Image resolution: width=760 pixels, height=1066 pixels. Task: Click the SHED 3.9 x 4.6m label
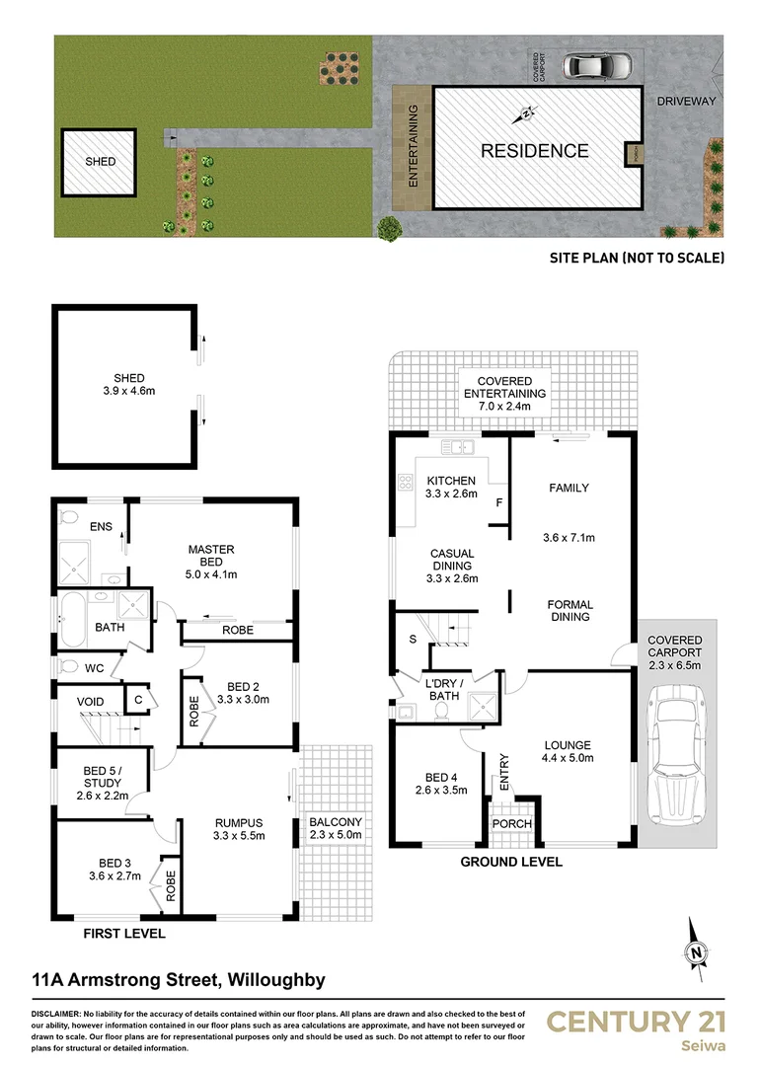129,385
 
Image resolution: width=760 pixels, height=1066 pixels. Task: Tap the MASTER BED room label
210,561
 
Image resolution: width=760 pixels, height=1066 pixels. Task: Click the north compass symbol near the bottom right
697,952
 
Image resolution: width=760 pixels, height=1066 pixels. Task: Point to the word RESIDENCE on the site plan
534,151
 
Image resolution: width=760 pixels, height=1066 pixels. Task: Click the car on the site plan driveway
598,66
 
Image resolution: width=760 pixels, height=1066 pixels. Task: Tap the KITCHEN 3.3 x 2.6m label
451,488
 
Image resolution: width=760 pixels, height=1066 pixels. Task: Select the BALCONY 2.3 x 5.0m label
336,828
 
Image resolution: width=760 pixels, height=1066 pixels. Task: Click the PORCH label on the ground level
512,824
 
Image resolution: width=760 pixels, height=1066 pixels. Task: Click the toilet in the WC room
67,666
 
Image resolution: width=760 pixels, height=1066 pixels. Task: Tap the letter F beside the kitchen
499,503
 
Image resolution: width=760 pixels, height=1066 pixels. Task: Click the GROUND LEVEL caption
511,862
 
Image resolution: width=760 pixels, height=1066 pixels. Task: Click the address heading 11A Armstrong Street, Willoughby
179,980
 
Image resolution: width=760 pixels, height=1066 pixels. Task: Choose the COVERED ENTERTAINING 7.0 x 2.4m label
504,393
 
